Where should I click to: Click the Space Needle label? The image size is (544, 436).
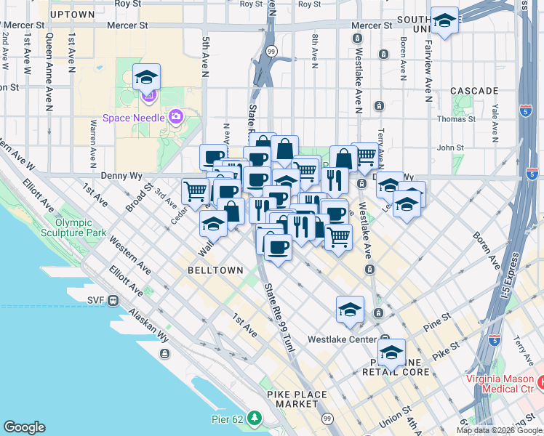[x=135, y=118]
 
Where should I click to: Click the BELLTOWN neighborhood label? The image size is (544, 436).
[x=195, y=270]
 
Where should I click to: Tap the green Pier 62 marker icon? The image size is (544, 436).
[x=255, y=418]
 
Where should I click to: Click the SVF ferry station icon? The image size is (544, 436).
[x=113, y=300]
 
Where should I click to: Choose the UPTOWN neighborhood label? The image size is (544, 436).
[x=73, y=15]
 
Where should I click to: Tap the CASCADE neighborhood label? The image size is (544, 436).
[x=474, y=91]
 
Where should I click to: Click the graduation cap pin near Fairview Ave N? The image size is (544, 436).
[x=444, y=21]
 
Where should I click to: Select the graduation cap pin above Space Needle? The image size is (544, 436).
[x=146, y=77]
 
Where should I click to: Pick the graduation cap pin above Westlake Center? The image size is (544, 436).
[x=350, y=308]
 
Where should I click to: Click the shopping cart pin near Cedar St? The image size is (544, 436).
[x=195, y=191]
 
